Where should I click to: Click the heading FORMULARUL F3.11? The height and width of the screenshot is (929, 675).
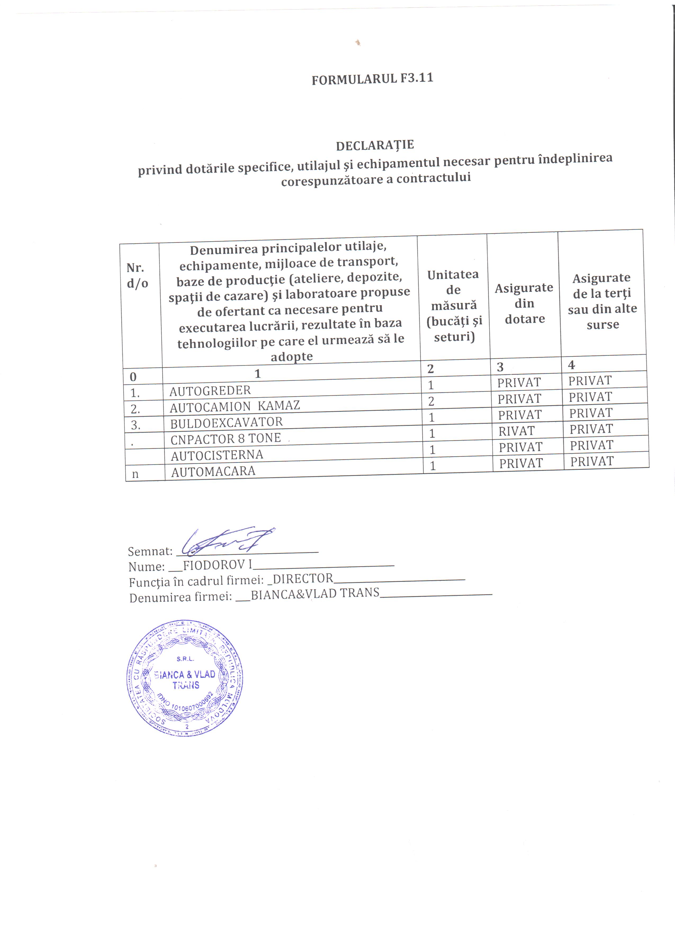pos(372,79)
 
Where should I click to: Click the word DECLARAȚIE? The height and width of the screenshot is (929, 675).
pos(375,145)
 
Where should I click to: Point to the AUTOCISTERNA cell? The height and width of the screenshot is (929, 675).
pos(217,455)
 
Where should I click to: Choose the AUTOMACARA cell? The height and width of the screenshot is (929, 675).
pos(213,471)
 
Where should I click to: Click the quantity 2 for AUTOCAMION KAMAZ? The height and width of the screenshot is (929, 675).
pos(431,401)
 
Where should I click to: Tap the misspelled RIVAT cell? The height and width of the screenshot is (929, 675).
pos(517,431)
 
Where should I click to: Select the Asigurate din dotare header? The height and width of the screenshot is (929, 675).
pos(524,303)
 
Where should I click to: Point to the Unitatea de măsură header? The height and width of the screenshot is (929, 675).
pos(453,305)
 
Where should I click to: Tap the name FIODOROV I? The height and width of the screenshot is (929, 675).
pos(217,565)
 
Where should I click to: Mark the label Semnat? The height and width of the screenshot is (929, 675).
pos(150,551)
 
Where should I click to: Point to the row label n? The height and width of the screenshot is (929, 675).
pos(135,474)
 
